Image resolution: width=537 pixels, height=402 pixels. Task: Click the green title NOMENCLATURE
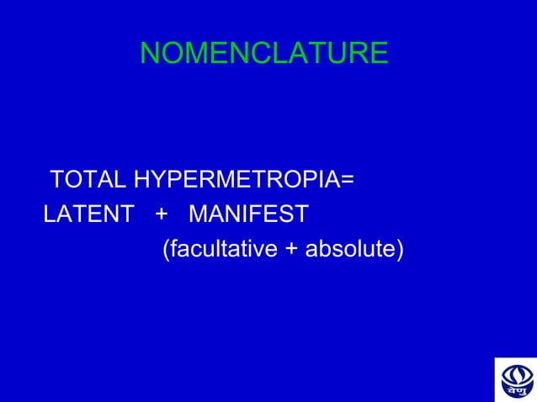(x=263, y=54)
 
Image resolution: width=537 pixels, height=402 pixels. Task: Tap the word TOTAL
(x=88, y=180)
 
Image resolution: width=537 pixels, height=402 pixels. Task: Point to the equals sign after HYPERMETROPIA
(x=346, y=180)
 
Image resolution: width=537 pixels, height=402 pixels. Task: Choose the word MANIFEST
(x=249, y=215)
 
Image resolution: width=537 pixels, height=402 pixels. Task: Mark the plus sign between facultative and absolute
(x=295, y=251)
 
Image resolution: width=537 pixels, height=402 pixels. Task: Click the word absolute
(x=351, y=250)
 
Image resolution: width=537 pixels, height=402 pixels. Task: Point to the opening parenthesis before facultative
(x=164, y=251)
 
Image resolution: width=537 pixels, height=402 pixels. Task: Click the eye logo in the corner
(x=514, y=378)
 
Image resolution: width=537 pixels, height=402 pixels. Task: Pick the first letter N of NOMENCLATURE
(x=150, y=54)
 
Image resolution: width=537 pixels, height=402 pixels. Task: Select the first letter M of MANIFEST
(x=199, y=215)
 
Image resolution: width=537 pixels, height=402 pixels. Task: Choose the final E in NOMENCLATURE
(x=379, y=54)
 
